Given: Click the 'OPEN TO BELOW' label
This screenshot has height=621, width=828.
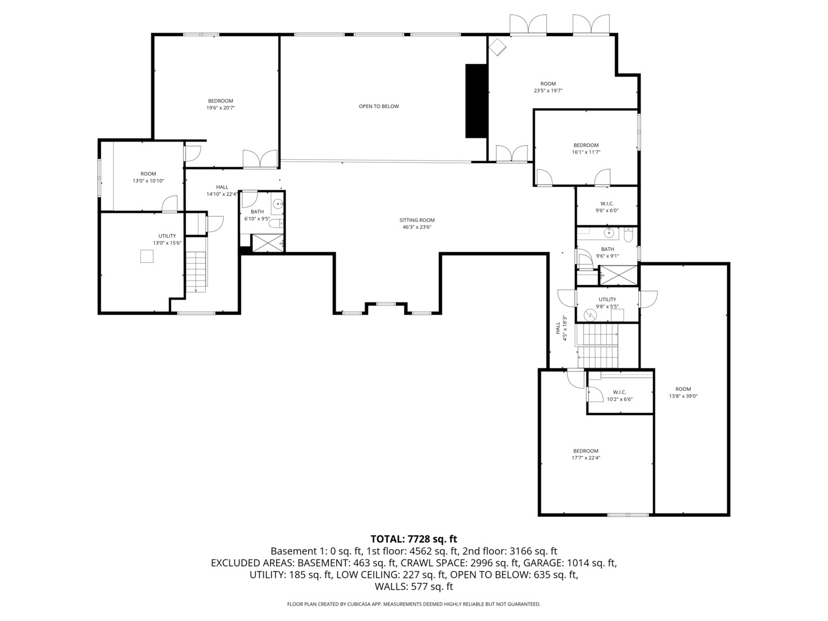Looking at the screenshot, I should pyautogui.click(x=378, y=106).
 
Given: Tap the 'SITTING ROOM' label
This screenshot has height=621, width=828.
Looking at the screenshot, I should pyautogui.click(x=417, y=220).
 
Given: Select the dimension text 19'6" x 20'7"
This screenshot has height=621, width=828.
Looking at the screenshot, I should pyautogui.click(x=221, y=108).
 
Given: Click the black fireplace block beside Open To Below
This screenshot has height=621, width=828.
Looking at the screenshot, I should pyautogui.click(x=476, y=101).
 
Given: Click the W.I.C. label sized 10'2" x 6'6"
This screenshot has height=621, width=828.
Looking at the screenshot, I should pyautogui.click(x=619, y=392).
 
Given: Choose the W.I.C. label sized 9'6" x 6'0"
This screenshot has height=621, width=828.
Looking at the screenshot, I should pyautogui.click(x=607, y=204).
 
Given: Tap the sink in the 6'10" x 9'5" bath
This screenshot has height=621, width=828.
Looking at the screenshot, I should pyautogui.click(x=277, y=204).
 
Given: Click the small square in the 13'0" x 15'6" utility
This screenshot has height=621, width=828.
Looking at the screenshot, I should pyautogui.click(x=147, y=256).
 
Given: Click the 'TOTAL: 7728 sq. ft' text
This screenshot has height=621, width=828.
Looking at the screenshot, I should pyautogui.click(x=413, y=539).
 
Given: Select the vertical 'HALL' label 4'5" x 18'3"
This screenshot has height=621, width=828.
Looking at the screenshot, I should pyautogui.click(x=558, y=328).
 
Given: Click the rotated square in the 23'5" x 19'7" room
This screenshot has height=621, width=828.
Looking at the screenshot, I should pyautogui.click(x=497, y=47).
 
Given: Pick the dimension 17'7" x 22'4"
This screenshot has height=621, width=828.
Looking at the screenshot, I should pyautogui.click(x=585, y=458).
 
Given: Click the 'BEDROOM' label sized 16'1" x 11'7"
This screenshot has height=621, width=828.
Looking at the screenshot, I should pyautogui.click(x=585, y=145).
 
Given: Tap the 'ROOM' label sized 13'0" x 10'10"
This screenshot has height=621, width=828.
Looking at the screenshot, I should pyautogui.click(x=148, y=174).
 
